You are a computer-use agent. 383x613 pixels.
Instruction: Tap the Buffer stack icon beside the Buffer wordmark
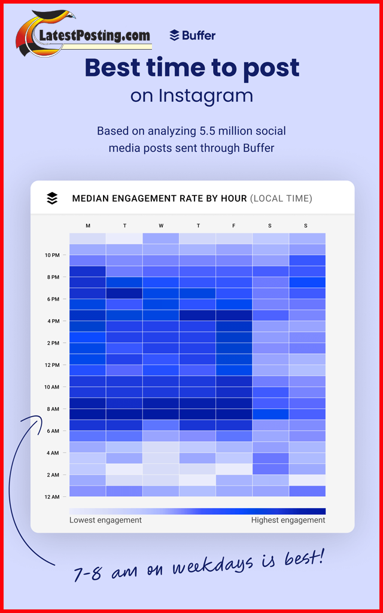[174, 35]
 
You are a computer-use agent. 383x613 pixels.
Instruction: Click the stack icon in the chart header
[53, 198]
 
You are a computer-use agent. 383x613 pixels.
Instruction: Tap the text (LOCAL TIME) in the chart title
[281, 198]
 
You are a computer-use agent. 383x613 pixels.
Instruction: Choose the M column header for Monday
[88, 226]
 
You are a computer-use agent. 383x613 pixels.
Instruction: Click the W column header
[161, 226]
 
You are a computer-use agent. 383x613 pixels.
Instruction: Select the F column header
[234, 226]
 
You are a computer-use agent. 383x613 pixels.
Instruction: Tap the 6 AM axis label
[52, 431]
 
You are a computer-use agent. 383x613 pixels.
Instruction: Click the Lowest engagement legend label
[105, 520]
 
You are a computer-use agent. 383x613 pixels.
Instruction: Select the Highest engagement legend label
[288, 520]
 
